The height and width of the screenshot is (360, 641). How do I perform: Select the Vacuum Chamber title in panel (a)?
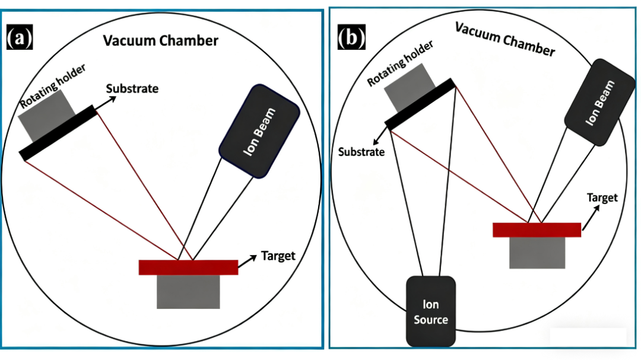point(161,41)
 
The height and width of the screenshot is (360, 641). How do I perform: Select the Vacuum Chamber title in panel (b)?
point(504,40)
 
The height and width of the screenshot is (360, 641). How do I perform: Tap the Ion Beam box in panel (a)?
point(259,131)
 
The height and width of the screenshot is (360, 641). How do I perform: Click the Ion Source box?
point(431,311)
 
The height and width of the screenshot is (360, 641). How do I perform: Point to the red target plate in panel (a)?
point(188,267)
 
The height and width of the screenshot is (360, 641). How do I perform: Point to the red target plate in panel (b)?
point(537,230)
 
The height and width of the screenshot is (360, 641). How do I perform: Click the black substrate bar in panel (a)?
point(59,132)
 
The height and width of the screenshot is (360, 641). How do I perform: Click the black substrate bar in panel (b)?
point(420,104)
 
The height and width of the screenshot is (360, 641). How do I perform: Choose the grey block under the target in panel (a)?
point(188,291)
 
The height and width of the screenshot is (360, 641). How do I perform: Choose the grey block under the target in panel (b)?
point(537,252)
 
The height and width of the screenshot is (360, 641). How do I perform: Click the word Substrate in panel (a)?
point(132,89)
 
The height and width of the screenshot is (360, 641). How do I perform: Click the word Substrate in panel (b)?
point(361,152)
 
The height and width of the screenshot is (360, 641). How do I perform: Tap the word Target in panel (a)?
point(278,256)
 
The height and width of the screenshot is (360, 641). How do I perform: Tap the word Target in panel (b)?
point(602,198)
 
